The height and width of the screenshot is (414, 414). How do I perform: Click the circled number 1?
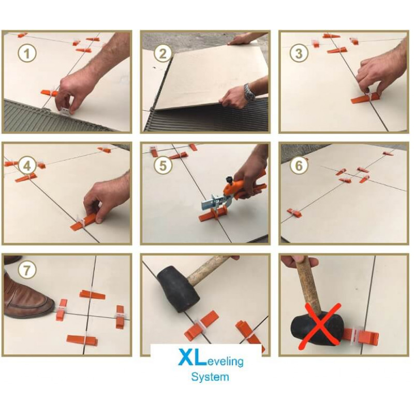[27, 54]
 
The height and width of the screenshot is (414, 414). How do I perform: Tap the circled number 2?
[162, 54]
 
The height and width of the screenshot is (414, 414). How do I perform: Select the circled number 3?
[299, 54]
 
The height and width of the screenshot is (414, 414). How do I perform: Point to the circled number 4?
[27, 165]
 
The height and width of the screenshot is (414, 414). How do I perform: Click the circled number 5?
[163, 165]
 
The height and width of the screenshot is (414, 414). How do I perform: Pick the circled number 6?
[299, 165]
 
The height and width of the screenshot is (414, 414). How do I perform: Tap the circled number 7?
[27, 270]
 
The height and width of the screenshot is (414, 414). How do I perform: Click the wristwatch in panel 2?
[249, 92]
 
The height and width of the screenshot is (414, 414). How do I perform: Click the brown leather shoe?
[26, 299]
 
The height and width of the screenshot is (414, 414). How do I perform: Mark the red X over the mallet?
[320, 327]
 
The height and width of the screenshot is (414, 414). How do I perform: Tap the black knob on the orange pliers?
[229, 180]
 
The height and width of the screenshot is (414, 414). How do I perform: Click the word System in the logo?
[210, 377]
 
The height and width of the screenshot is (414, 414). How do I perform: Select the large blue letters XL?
[192, 357]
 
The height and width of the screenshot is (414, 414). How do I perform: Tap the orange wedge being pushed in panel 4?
[86, 222]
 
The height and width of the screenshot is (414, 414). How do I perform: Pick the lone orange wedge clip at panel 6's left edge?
[294, 212]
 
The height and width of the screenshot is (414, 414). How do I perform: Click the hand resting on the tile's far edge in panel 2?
[239, 40]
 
